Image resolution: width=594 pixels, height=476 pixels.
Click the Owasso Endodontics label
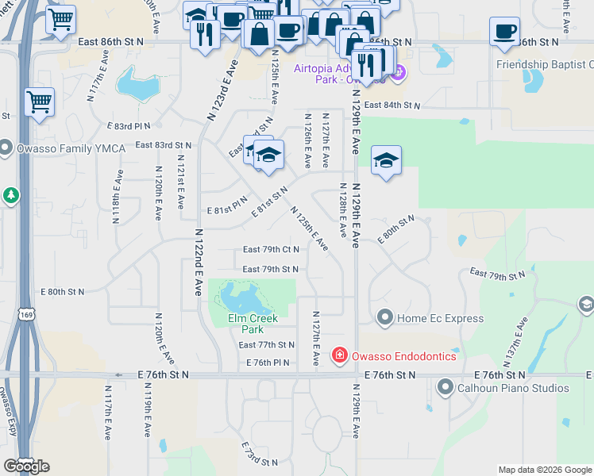[404, 356]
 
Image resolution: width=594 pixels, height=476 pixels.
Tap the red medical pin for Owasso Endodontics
[340, 355]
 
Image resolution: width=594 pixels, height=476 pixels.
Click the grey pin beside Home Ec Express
[385, 318]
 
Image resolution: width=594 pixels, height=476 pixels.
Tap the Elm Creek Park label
[253, 324]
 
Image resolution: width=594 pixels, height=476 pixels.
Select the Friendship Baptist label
[544, 65]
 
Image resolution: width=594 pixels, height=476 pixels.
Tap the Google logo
[26, 466]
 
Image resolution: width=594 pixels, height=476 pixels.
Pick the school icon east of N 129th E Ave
[386, 159]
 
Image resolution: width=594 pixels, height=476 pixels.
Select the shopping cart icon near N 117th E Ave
[39, 102]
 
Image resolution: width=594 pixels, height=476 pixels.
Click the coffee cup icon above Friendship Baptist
[504, 32]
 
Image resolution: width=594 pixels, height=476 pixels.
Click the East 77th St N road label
[266, 345]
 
